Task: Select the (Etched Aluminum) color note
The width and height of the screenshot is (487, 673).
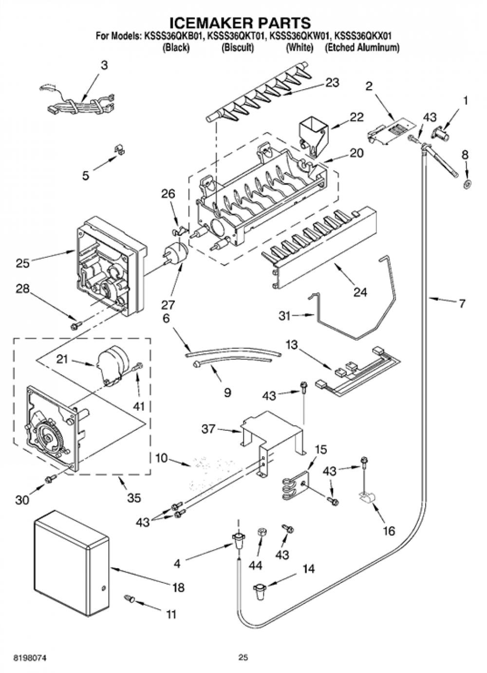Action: (x=362, y=48)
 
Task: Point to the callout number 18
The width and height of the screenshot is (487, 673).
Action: (x=178, y=587)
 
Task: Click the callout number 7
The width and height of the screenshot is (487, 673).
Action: (x=462, y=304)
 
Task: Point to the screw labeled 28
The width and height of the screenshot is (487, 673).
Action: (x=75, y=326)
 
